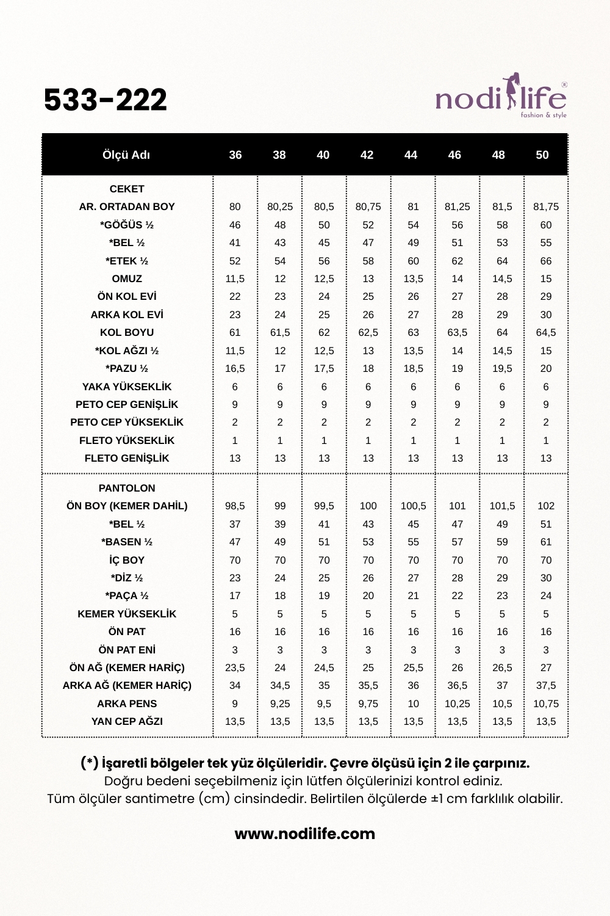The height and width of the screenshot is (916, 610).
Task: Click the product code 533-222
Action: (x=106, y=100)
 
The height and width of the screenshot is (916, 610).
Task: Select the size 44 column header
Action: (x=411, y=155)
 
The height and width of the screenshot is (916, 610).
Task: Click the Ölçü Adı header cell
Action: (x=126, y=155)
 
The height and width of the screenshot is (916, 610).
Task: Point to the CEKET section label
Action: (x=127, y=189)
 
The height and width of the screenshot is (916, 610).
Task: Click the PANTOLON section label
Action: (x=127, y=488)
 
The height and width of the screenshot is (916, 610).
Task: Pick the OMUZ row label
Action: (x=127, y=278)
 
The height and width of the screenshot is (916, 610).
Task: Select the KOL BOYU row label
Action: (x=127, y=333)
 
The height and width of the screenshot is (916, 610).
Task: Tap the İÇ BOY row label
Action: (x=127, y=560)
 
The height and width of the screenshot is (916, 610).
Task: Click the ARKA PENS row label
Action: (x=127, y=703)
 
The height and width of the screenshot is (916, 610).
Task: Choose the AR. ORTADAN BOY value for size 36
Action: (x=235, y=207)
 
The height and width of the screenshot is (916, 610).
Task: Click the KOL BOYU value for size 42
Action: (x=368, y=333)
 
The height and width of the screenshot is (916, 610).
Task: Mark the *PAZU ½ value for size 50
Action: (x=546, y=369)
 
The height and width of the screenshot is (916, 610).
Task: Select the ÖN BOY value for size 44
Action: (x=413, y=506)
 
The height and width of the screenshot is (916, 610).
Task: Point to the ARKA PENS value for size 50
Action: (x=546, y=703)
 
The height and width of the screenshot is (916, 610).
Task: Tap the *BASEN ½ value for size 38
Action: (x=280, y=542)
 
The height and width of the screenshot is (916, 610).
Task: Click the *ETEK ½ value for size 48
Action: (x=502, y=261)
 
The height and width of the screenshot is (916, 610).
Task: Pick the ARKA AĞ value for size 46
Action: (x=457, y=686)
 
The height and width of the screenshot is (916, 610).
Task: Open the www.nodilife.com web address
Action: (x=305, y=834)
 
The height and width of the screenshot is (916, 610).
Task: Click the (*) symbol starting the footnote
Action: (x=89, y=763)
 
